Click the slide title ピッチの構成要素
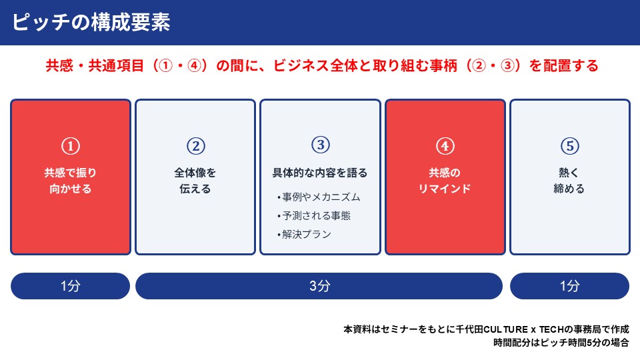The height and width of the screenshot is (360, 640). point(91,22)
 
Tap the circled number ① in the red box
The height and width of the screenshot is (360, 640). point(71,146)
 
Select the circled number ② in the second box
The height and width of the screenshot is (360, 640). point(196,146)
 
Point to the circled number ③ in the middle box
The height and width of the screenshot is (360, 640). point(321,145)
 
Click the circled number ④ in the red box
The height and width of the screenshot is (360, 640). point(445,146)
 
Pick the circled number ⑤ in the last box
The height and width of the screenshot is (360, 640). point(570,146)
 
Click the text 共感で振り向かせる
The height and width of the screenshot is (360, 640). point(71,181)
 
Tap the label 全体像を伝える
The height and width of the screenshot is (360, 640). point(195,181)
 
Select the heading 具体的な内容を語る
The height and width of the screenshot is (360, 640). point(320,173)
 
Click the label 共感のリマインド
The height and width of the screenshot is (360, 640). point(445,181)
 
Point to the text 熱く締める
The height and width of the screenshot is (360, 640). point(569,181)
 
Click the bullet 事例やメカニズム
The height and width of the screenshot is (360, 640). point(319,197)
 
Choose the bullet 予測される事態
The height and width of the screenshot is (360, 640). point(313,215)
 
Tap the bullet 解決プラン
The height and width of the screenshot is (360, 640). point(304,234)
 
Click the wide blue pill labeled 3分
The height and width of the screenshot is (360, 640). point(319,286)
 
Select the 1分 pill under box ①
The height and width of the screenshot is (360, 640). point(70,286)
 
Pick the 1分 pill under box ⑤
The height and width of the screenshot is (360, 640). point(570,286)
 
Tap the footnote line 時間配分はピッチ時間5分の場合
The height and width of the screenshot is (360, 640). point(561,343)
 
